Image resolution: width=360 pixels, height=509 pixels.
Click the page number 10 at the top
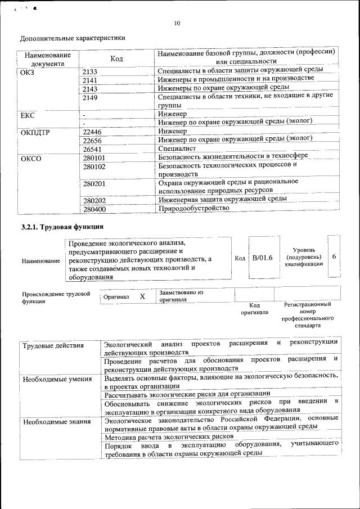pyautogui.click(x=177, y=23)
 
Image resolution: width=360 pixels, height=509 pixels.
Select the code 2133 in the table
pyautogui.click(x=90, y=71)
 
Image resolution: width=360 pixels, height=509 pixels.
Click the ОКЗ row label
pyautogui.click(x=27, y=71)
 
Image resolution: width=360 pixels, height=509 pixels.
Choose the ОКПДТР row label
pyautogui.click(x=35, y=133)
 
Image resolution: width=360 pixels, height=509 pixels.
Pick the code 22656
pyautogui.click(x=92, y=141)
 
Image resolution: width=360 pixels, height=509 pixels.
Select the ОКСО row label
pyautogui.click(x=31, y=159)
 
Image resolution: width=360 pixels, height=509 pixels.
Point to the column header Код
pyautogui.click(x=116, y=59)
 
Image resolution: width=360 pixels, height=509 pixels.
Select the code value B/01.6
pyautogui.click(x=262, y=258)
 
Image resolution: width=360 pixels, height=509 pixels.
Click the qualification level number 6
pyautogui.click(x=334, y=257)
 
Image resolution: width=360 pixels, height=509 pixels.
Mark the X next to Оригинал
pyautogui.click(x=142, y=296)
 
